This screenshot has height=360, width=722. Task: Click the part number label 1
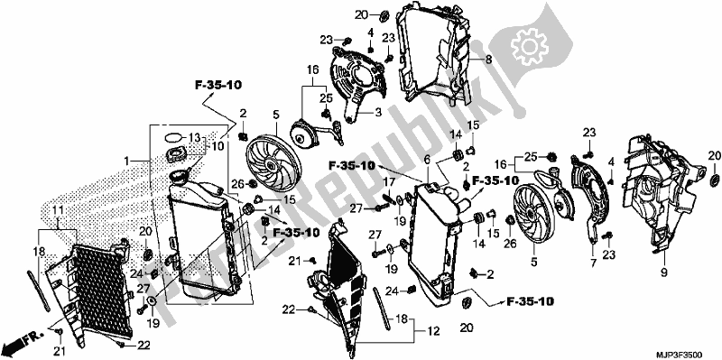tap(126, 162)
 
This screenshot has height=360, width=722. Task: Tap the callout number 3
tap(378, 112)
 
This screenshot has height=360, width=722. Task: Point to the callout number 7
tap(593, 263)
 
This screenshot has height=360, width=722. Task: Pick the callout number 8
tap(488, 59)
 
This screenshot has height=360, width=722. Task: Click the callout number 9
tap(664, 273)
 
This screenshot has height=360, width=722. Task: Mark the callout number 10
tap(217, 146)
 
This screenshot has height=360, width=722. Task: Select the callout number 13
tap(195, 137)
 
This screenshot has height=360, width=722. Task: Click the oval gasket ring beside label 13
tap(173, 138)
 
